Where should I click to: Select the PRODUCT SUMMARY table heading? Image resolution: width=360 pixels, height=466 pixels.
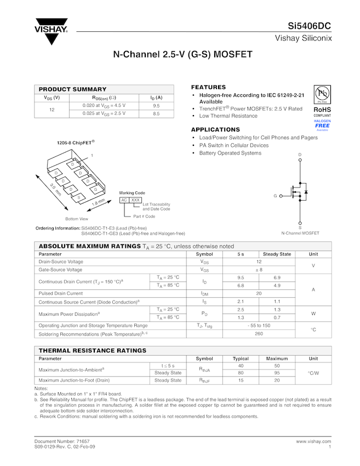coord(72,89)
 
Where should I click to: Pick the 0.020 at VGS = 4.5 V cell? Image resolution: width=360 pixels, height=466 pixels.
coord(104,105)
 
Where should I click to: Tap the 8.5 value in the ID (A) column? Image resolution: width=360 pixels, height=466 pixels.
coord(156,113)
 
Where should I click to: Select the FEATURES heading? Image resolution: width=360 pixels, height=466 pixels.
coord(208,87)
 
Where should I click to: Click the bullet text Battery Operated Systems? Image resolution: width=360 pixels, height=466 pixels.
coord(230,154)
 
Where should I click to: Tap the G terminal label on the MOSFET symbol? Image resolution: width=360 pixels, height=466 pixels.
coord(275,196)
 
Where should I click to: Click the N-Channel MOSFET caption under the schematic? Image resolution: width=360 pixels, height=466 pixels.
coord(300,233)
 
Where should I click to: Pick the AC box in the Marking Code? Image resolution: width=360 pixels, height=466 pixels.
coord(124,200)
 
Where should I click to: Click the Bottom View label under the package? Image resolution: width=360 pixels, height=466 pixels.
coord(76,219)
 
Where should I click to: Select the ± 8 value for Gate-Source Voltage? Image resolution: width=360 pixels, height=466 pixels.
coord(259,270)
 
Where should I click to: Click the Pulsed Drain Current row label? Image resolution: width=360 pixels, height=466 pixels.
coord(60,293)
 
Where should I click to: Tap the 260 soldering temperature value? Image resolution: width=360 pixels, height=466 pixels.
coord(259,333)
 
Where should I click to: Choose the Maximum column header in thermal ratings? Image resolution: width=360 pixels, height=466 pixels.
coord(277,359)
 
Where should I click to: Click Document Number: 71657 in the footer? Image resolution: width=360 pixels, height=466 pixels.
coord(62,441)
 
